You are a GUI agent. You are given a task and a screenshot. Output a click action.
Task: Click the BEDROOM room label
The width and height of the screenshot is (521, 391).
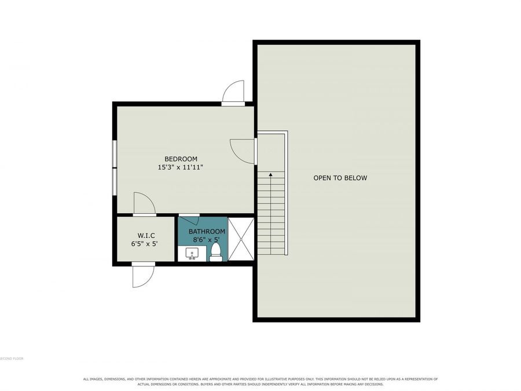(x=181, y=159)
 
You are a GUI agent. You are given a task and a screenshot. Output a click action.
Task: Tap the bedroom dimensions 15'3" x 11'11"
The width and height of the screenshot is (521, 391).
(x=180, y=167)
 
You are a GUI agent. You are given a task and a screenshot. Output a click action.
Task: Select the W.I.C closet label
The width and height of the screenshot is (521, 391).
(x=146, y=236)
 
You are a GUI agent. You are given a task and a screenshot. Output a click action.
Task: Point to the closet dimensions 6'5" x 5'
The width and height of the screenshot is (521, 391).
(x=144, y=244)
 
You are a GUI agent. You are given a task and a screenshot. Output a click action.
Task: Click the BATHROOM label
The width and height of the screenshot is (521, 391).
(x=207, y=231)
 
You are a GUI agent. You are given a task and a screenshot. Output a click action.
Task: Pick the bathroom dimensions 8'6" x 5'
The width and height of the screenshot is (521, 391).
(x=206, y=239)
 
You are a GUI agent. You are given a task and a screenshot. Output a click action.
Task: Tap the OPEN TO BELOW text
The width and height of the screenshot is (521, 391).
(x=340, y=178)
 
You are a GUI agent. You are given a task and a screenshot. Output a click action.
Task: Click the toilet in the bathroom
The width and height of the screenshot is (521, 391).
(x=216, y=252)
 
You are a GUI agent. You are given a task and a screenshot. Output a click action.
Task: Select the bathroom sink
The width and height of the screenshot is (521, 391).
(x=192, y=253)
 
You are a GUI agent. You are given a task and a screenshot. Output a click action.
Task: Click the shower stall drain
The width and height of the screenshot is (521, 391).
(x=241, y=239)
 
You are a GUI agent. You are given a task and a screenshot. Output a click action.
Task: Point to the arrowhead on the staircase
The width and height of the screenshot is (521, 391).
(x=271, y=174)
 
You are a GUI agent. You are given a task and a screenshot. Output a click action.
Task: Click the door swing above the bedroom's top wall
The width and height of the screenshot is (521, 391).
(x=233, y=93)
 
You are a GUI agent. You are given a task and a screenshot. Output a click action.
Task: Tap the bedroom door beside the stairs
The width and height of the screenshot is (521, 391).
(x=244, y=151)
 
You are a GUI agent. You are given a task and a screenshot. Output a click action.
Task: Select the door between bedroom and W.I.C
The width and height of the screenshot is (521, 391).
(x=145, y=204)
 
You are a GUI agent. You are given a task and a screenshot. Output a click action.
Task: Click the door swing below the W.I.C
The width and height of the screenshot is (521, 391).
(x=144, y=275)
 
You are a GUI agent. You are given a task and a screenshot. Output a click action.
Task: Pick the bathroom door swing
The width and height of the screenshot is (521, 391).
(x=189, y=221)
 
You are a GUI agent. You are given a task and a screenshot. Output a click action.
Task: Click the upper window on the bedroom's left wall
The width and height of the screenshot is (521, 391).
(x=114, y=154)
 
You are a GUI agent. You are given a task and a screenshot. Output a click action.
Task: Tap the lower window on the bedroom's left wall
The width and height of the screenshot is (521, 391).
(x=114, y=182)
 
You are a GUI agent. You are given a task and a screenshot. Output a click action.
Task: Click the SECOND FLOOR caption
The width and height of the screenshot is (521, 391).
(x=12, y=359)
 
